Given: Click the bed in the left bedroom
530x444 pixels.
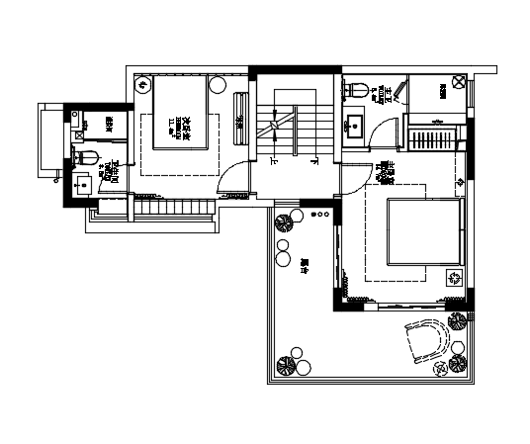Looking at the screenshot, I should click(179, 113).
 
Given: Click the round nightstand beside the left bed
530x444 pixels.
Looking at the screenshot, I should click(141, 85).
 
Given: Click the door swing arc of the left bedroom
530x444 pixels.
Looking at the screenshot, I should click(229, 178).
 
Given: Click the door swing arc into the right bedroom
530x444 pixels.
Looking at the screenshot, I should click(352, 178).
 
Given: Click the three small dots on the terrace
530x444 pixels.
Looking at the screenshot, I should click(319, 215).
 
